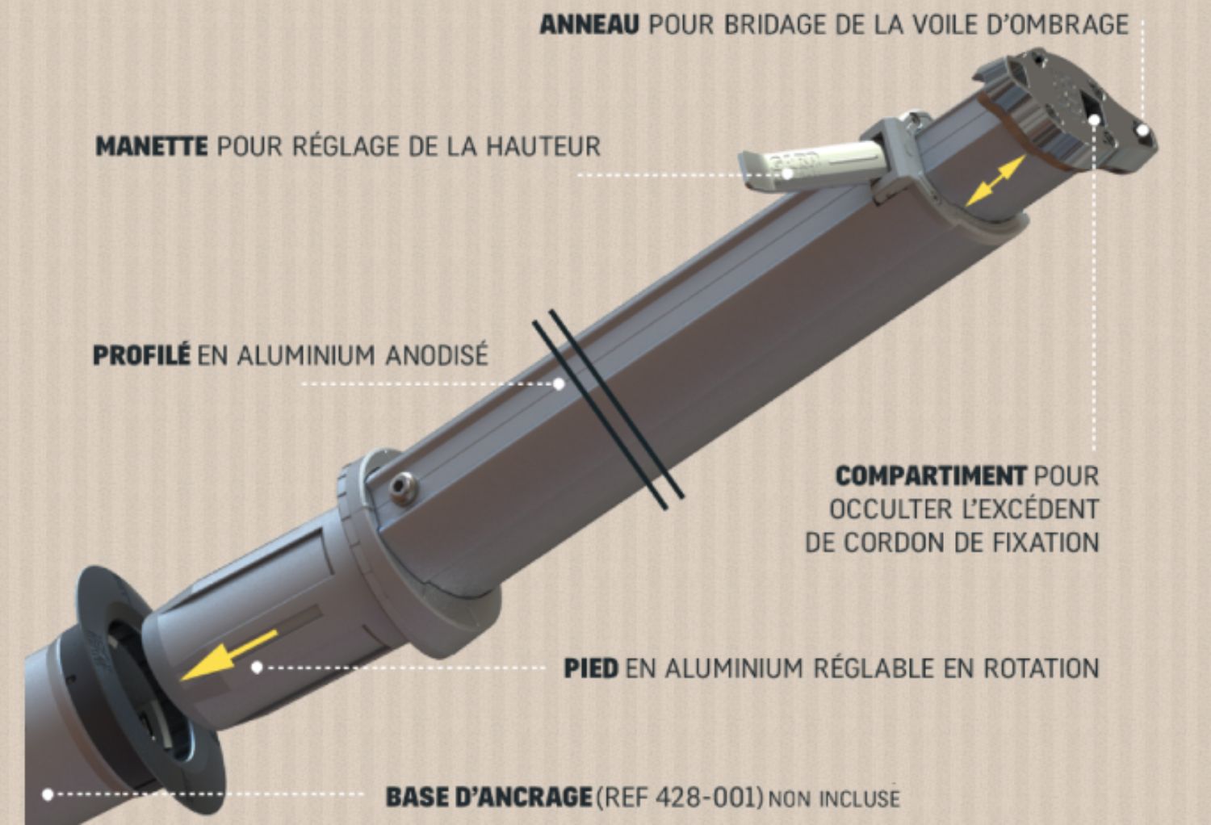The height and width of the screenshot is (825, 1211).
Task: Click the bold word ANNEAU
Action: [x=589, y=25]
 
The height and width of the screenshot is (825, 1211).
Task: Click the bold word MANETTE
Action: [x=152, y=146]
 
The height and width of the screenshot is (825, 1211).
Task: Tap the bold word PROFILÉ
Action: [x=141, y=355]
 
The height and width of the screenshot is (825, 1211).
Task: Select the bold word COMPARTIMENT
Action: [x=930, y=476]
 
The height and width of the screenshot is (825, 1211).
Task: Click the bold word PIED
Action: [x=591, y=668]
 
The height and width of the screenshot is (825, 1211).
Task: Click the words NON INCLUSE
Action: [x=834, y=798]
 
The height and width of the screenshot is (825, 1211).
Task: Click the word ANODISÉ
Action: [x=436, y=356]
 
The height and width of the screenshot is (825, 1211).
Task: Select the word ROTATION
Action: [x=1041, y=668]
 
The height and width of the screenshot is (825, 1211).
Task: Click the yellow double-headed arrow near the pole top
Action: [x=995, y=181]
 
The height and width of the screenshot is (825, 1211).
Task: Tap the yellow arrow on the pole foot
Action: [x=228, y=655]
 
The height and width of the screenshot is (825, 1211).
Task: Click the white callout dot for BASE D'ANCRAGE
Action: [x=48, y=794]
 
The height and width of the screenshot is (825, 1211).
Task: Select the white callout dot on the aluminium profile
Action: [x=559, y=384]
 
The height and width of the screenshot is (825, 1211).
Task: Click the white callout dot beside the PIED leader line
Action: [x=257, y=668]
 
